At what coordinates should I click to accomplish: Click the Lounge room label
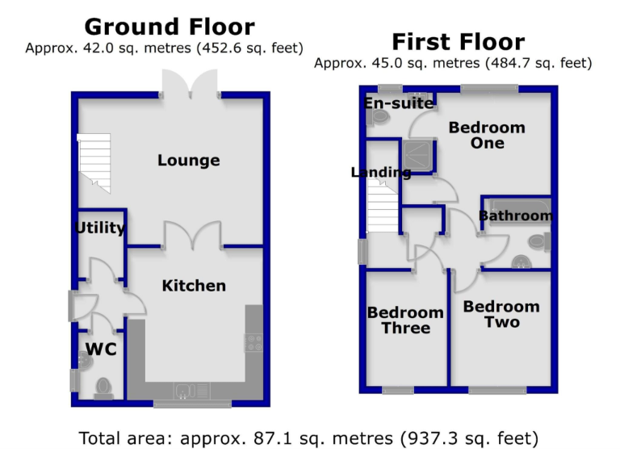pyautogui.click(x=188, y=161)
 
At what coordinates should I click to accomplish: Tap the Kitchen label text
pyautogui.click(x=194, y=286)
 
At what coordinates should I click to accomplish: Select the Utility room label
pyautogui.click(x=100, y=228)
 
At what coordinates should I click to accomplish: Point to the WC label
pyautogui.click(x=101, y=350)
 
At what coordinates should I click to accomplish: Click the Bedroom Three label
pyautogui.click(x=405, y=320)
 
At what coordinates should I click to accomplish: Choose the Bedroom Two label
pyautogui.click(x=501, y=314)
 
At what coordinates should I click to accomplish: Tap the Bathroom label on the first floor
pyautogui.click(x=516, y=216)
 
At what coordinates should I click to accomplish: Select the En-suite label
pyautogui.click(x=399, y=103)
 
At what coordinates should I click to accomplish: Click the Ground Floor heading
pyautogui.click(x=170, y=27)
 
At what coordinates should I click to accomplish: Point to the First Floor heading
pyautogui.click(x=458, y=42)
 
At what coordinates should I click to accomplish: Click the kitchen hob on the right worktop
pyautogui.click(x=253, y=342)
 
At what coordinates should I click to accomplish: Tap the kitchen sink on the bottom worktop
pyautogui.click(x=184, y=393)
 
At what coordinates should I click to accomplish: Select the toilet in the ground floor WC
pyautogui.click(x=103, y=388)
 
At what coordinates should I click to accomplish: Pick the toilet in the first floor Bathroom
pyautogui.click(x=538, y=241)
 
